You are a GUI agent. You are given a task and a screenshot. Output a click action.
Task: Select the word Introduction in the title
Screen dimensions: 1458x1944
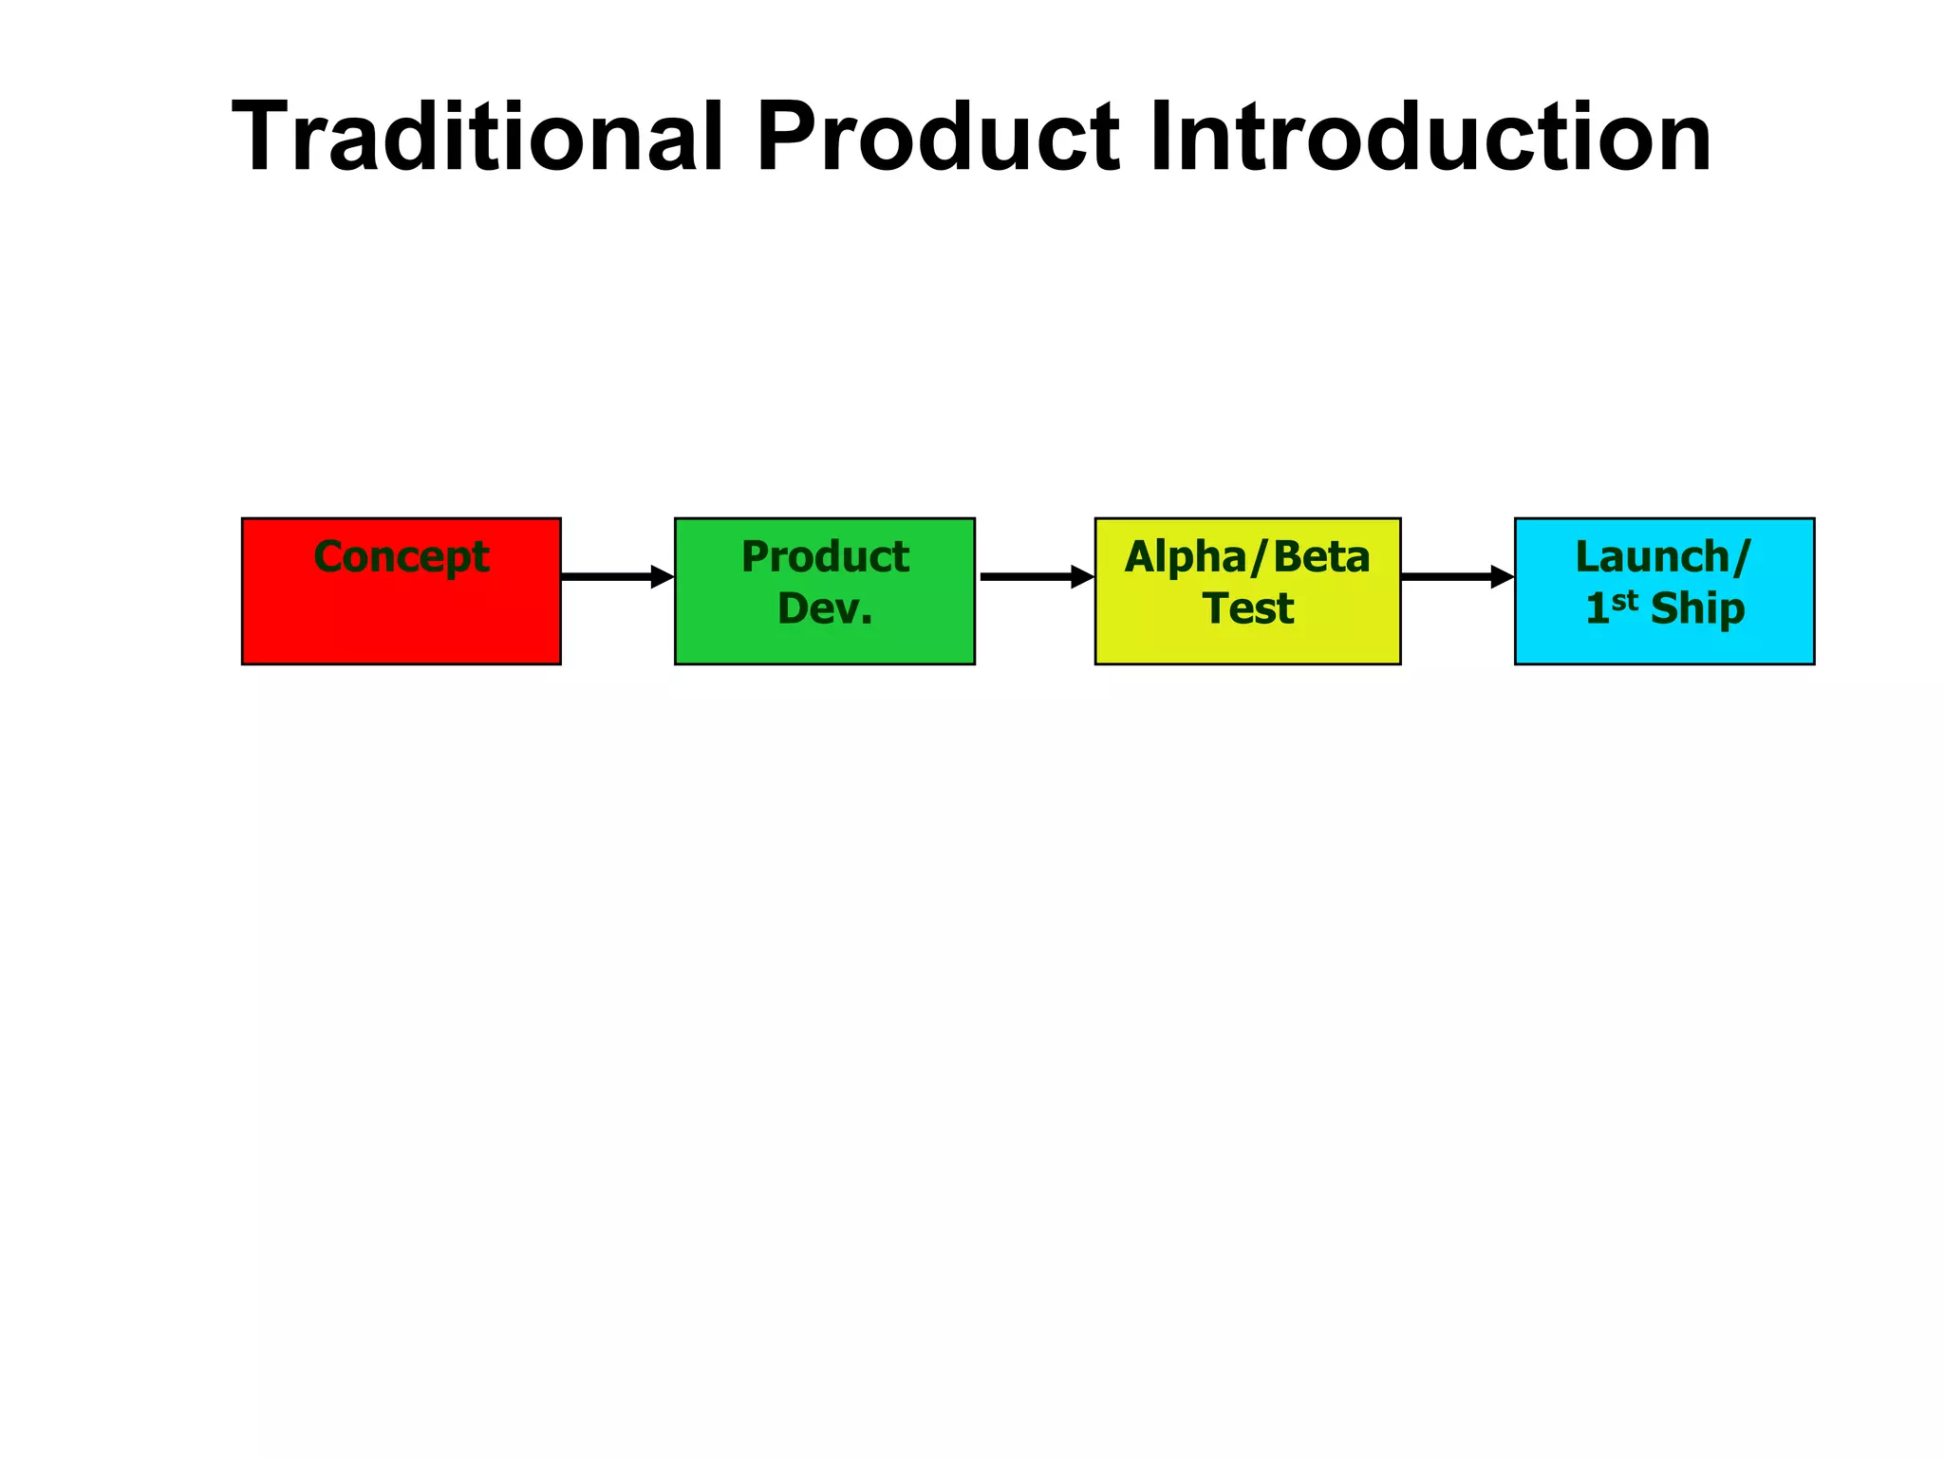[x=1430, y=137]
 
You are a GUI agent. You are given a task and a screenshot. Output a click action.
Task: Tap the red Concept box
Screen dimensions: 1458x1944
[x=401, y=617]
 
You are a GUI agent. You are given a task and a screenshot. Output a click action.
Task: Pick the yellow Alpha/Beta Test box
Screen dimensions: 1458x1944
[x=1247, y=645]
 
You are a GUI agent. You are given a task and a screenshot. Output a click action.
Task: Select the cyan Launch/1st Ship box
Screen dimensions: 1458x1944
[x=1664, y=645]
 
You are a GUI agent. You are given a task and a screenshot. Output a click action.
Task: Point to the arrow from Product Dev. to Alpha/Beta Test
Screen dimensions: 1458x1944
[x=1031, y=576]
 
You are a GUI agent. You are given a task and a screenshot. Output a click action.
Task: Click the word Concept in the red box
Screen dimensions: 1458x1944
[x=401, y=557]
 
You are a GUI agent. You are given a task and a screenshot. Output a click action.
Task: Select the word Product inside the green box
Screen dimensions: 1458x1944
[x=825, y=557]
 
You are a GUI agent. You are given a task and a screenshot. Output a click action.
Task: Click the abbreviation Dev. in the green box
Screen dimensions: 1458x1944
[x=825, y=608]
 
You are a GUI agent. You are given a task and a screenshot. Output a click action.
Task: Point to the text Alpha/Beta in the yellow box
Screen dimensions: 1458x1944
[x=1247, y=557]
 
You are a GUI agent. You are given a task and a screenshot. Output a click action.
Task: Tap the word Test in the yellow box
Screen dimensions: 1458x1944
[x=1248, y=608]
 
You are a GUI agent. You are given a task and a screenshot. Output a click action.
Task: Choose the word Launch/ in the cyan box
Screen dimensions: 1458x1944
[x=1662, y=557]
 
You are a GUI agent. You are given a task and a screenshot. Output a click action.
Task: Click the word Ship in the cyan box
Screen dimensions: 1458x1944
[x=1697, y=609]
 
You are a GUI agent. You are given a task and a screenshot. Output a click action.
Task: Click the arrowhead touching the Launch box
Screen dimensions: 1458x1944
[x=1502, y=576]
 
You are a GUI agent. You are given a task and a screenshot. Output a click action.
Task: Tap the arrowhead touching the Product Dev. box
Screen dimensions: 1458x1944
[x=662, y=576]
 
